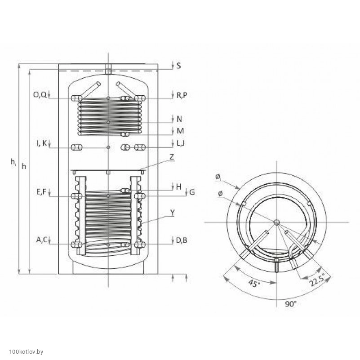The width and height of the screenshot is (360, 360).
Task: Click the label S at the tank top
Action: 178,66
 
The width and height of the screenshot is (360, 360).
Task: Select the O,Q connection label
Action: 40,94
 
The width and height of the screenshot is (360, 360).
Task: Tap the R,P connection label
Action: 182,95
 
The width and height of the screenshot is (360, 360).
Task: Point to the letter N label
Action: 179,119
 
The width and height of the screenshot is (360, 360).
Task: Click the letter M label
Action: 180,131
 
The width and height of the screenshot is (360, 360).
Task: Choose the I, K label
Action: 41,143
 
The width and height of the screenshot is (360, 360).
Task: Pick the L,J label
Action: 181,143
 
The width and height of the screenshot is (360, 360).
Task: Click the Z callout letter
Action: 172,157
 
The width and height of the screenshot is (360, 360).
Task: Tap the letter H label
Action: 178,187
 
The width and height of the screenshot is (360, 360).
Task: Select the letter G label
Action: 192,192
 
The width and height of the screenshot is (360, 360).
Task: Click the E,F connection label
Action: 41,192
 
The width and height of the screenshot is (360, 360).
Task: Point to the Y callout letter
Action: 173,213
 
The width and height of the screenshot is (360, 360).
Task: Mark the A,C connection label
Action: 41,240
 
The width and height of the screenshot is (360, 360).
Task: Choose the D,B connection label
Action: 182,240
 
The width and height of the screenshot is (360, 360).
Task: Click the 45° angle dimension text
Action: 254,283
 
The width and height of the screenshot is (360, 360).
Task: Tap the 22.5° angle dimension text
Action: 317,280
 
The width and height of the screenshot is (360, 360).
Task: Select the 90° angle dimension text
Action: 291,304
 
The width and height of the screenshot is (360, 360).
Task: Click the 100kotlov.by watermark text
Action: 26,352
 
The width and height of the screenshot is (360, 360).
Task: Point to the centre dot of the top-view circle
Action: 277,222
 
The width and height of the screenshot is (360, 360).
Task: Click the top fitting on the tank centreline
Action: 108,69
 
